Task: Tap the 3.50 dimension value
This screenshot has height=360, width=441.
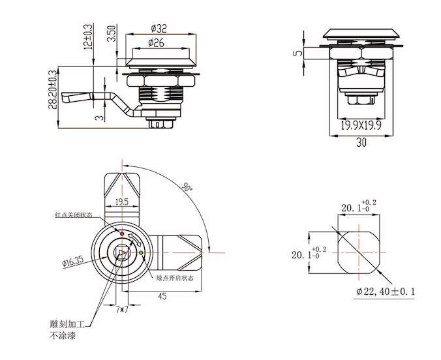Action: pos(112,35)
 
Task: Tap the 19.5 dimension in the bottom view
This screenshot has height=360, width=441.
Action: pos(121,202)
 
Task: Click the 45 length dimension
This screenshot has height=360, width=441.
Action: pos(161,295)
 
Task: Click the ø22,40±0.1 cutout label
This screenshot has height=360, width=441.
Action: pos(386,292)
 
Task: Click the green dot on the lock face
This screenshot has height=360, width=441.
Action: pos(141,252)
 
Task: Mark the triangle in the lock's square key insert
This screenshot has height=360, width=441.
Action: pos(121,255)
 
